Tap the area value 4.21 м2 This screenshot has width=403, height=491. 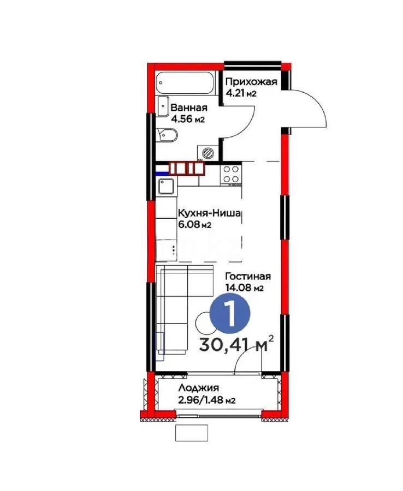(241, 93)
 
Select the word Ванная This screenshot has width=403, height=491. (188, 108)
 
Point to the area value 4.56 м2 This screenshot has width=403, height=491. (187, 119)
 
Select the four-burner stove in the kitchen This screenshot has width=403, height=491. (232, 173)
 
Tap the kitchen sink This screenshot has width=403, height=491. (165, 188)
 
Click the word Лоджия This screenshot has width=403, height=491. (198, 388)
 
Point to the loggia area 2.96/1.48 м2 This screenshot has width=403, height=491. (206, 400)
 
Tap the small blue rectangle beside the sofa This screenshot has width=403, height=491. (161, 346)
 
